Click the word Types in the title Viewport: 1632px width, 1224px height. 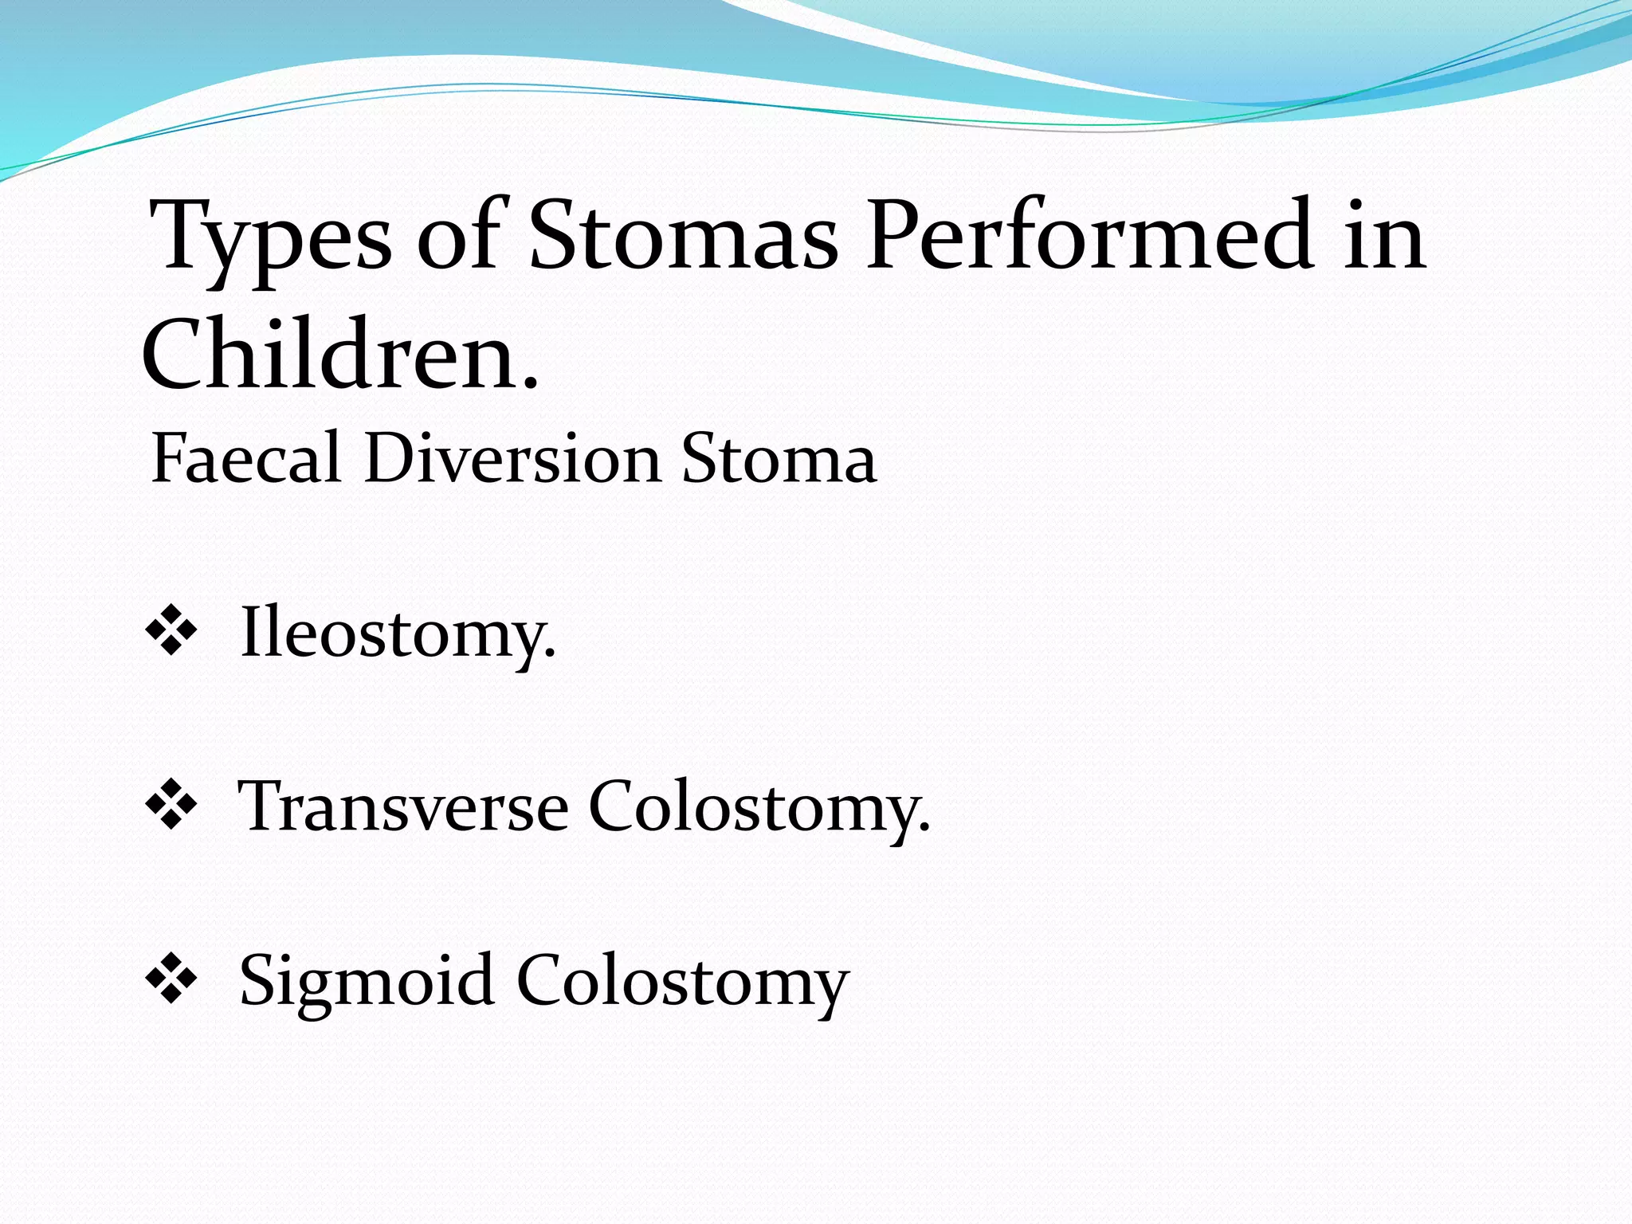click(x=271, y=239)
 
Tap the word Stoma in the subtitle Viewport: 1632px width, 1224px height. click(x=779, y=459)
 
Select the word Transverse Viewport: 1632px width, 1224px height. click(x=403, y=806)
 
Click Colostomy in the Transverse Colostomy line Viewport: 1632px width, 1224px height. click(x=757, y=808)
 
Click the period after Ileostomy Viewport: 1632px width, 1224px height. click(x=549, y=655)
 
